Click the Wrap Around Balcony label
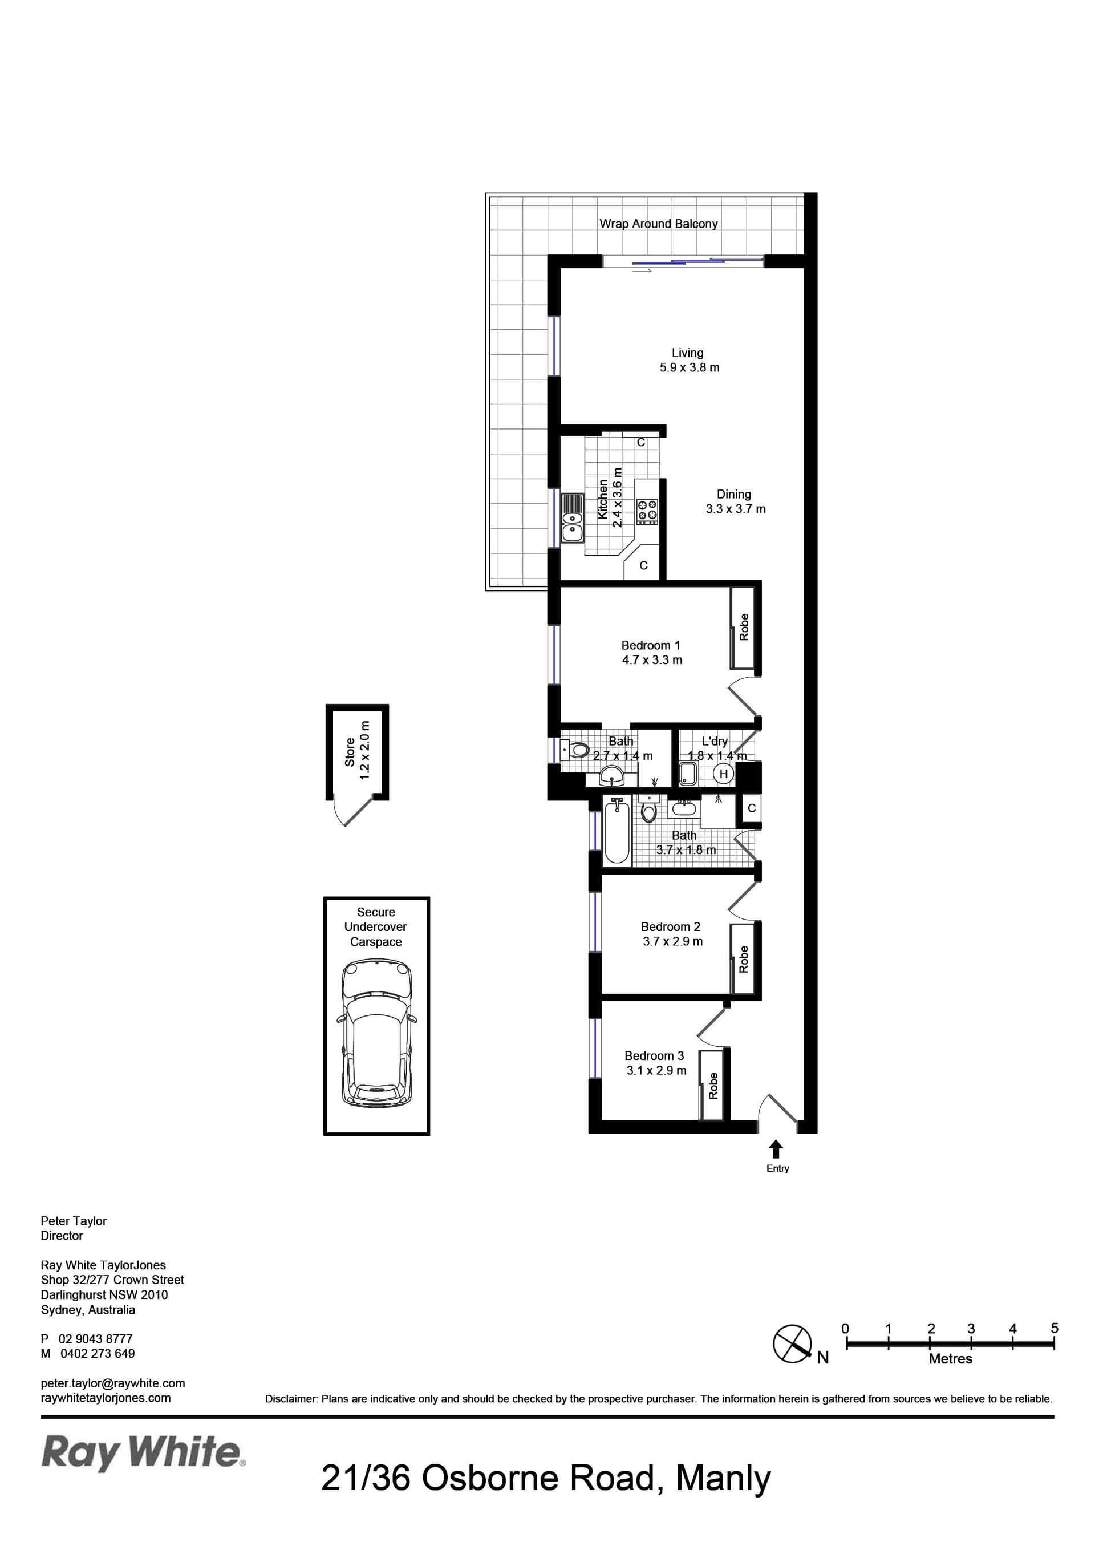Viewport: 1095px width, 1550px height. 658,224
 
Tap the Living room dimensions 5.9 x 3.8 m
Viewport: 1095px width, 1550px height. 690,368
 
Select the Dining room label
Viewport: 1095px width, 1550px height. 734,494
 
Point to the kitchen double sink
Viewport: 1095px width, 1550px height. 573,518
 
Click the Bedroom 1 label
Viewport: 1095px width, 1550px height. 651,645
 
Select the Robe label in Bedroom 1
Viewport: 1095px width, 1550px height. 744,627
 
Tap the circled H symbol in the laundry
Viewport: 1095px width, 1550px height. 724,774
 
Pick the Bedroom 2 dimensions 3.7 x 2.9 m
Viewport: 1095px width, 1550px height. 672,941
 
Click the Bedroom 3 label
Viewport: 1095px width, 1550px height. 654,1055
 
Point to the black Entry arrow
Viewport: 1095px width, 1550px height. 776,1148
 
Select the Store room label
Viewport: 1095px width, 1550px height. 350,752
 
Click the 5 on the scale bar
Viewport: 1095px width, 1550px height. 1055,1328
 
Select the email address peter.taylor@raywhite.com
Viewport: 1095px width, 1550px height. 113,1383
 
